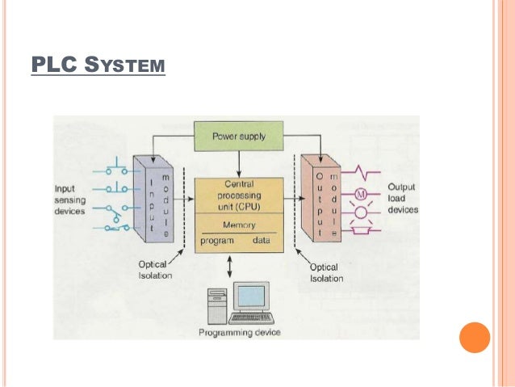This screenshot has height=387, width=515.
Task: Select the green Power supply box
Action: tap(238, 137)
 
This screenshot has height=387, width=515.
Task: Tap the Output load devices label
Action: tap(402, 197)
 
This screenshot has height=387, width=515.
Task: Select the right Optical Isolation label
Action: tap(327, 272)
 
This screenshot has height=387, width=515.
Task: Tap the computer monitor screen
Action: tap(251, 296)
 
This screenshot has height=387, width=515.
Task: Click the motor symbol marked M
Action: tap(362, 194)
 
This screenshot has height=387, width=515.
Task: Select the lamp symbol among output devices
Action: tap(362, 212)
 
